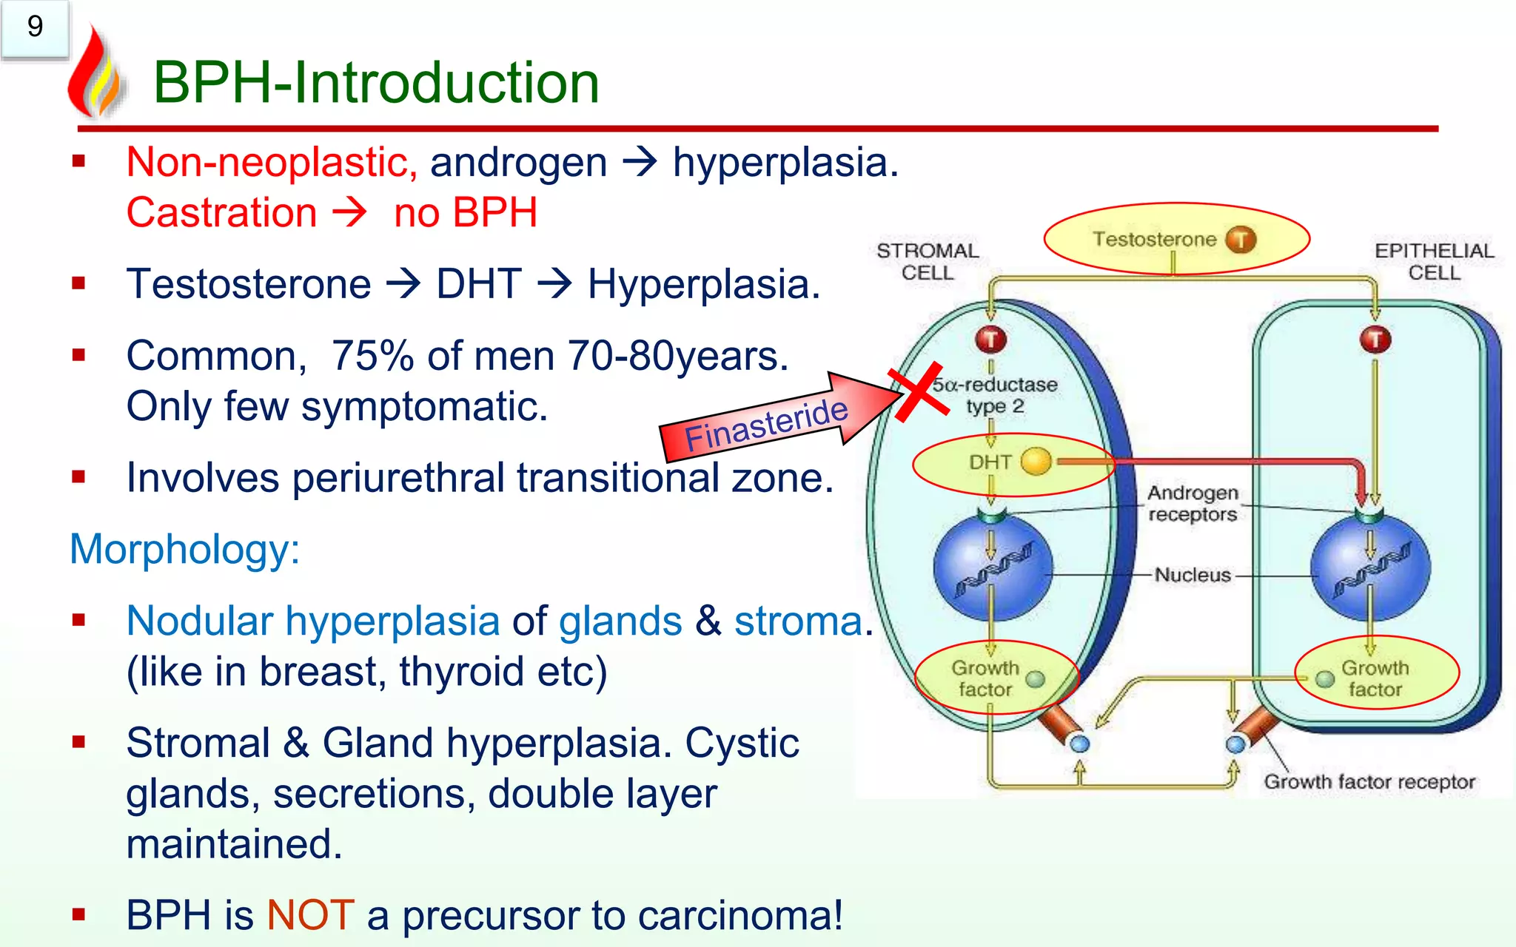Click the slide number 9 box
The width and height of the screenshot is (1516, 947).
click(35, 28)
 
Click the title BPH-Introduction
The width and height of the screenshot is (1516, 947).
click(376, 82)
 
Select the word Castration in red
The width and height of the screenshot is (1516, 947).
click(221, 213)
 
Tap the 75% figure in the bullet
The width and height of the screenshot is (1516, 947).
click(372, 356)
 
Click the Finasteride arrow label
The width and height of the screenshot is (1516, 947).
click(765, 425)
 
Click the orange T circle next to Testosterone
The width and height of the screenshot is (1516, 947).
click(1241, 240)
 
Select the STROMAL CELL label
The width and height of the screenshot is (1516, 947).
click(928, 261)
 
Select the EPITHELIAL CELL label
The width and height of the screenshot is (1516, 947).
click(1434, 261)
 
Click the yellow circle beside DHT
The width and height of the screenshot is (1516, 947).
click(1036, 462)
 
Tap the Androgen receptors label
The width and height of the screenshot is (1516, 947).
click(1193, 503)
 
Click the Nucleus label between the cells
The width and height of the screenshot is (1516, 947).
click(1193, 575)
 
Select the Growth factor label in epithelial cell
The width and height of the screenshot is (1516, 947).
click(1375, 678)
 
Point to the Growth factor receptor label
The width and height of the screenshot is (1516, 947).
click(1369, 782)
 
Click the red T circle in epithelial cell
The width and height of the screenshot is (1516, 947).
click(1375, 340)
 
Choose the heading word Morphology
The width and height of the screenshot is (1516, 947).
click(184, 550)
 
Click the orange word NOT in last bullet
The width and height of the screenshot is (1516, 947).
click(310, 915)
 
